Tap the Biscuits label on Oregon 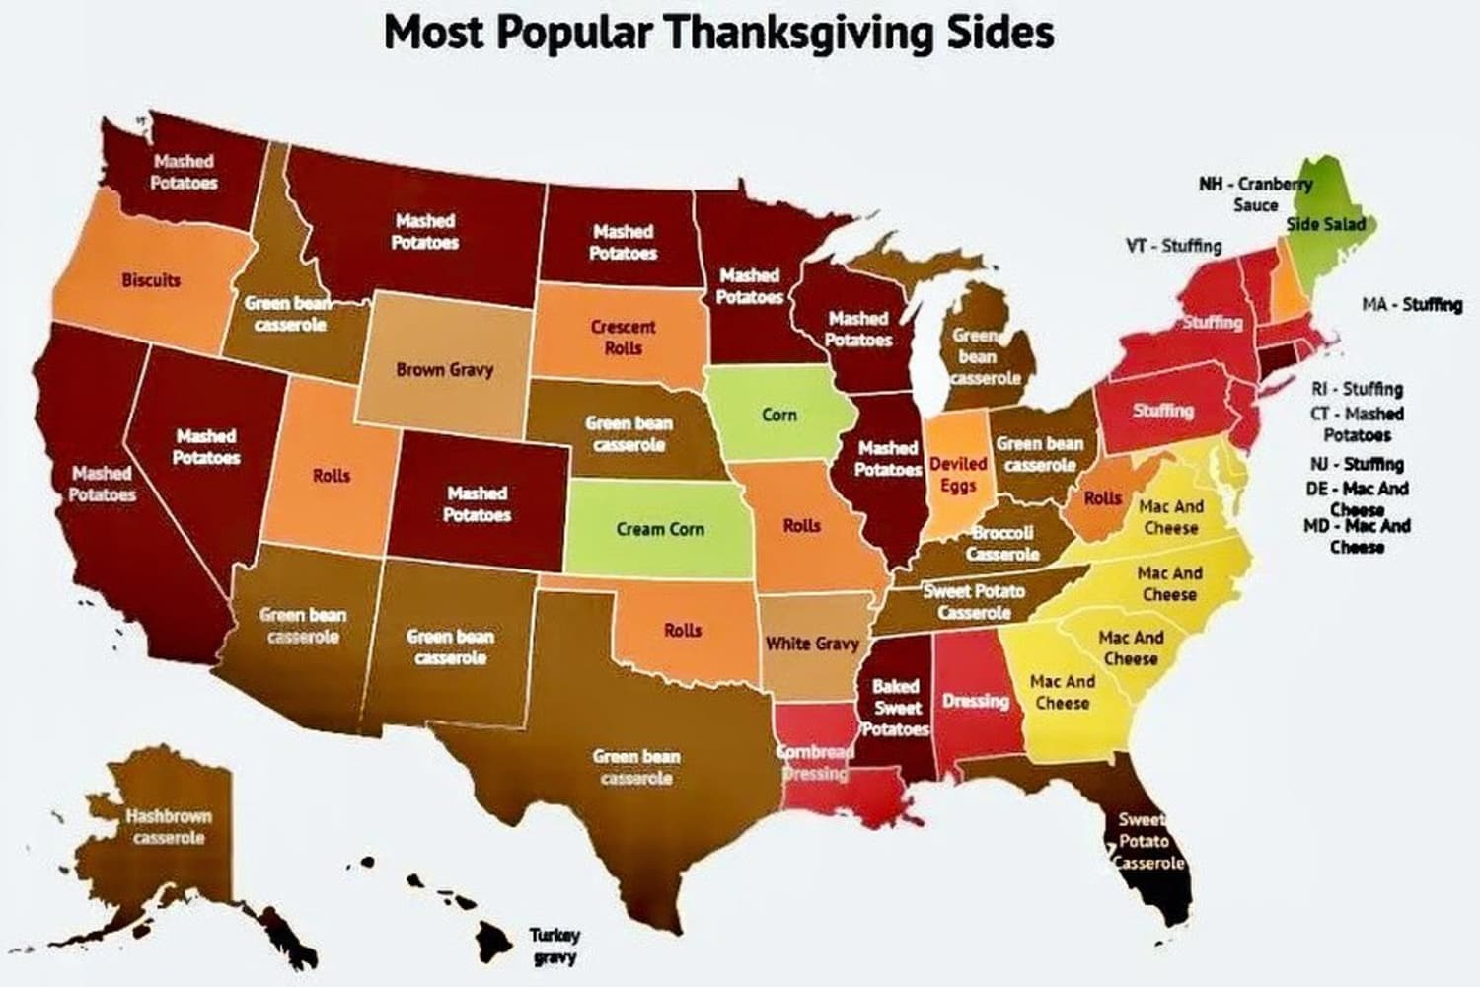coord(151,280)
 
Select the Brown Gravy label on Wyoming coord(444,370)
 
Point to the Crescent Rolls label coord(623,337)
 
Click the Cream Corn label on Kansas coord(660,529)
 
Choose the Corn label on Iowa coord(778,415)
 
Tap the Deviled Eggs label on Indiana coord(958,474)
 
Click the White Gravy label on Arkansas coord(812,644)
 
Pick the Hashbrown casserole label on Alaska coord(168,827)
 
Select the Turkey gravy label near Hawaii coord(555,946)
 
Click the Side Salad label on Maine coord(1326,224)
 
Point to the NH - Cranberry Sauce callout coord(1255,194)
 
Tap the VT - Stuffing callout coord(1173,246)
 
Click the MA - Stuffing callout coord(1412,304)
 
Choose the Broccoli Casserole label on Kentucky coord(1001,543)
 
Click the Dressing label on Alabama coord(975,701)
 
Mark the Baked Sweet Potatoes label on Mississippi coord(897,708)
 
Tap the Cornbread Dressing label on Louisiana coord(815,762)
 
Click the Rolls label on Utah coord(332,476)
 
